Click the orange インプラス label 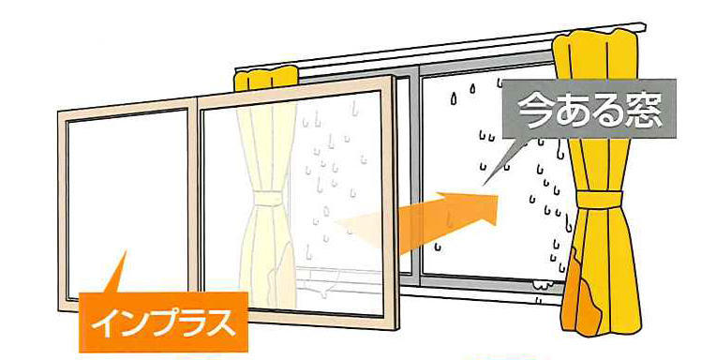[164, 320]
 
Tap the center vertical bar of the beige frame [193, 206]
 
